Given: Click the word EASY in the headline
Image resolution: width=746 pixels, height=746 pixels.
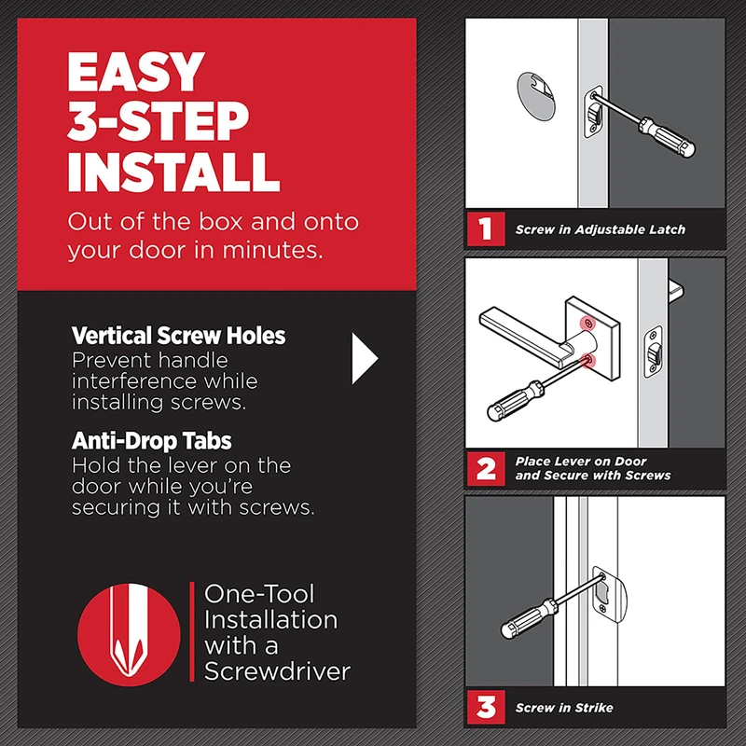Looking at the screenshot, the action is [x=135, y=72].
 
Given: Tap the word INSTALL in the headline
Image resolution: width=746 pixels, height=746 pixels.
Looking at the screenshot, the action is [x=173, y=172].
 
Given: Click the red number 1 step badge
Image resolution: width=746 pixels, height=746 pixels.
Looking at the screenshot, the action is [x=485, y=228].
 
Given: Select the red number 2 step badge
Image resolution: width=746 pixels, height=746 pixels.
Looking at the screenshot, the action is [x=485, y=469].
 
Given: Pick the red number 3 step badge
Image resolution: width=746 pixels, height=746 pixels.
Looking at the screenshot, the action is [x=485, y=707].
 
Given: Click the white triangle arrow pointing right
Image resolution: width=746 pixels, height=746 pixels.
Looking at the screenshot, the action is [x=365, y=358].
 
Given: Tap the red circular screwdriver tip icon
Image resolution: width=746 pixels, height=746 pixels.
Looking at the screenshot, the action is [x=129, y=634].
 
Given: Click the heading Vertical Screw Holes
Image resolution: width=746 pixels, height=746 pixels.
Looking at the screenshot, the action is [x=178, y=336].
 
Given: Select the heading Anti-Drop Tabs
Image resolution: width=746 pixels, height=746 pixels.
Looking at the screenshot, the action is [x=151, y=440].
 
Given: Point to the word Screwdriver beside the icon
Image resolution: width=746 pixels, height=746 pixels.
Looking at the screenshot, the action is [x=277, y=671].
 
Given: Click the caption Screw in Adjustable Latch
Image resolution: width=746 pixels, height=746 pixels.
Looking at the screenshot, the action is [x=600, y=229].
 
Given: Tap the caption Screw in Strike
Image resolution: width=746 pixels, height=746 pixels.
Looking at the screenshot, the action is [x=564, y=708].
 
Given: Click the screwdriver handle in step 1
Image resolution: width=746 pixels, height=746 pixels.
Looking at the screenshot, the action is [x=667, y=137].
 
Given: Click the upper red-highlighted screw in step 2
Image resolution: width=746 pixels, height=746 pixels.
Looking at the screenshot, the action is [x=589, y=325].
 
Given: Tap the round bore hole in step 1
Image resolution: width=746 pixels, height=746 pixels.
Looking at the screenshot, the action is [x=535, y=96].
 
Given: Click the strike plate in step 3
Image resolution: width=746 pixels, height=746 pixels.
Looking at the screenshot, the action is [x=610, y=594].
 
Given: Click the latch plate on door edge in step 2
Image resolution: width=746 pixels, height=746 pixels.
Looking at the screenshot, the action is [x=654, y=352].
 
